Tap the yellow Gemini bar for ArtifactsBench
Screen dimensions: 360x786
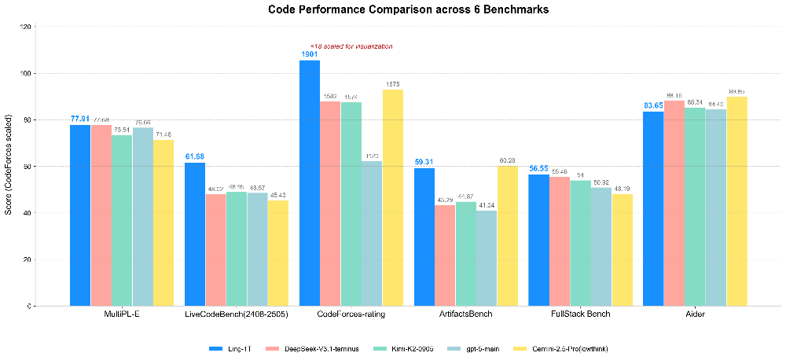tap(508, 235)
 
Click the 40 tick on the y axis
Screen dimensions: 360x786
tap(51, 213)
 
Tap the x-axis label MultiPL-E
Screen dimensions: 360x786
tap(122, 315)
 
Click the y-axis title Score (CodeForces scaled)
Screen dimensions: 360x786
tap(9, 166)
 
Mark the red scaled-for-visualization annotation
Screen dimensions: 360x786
tap(352, 46)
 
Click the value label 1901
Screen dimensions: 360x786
tap(310, 54)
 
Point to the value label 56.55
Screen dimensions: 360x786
tap(538, 168)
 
